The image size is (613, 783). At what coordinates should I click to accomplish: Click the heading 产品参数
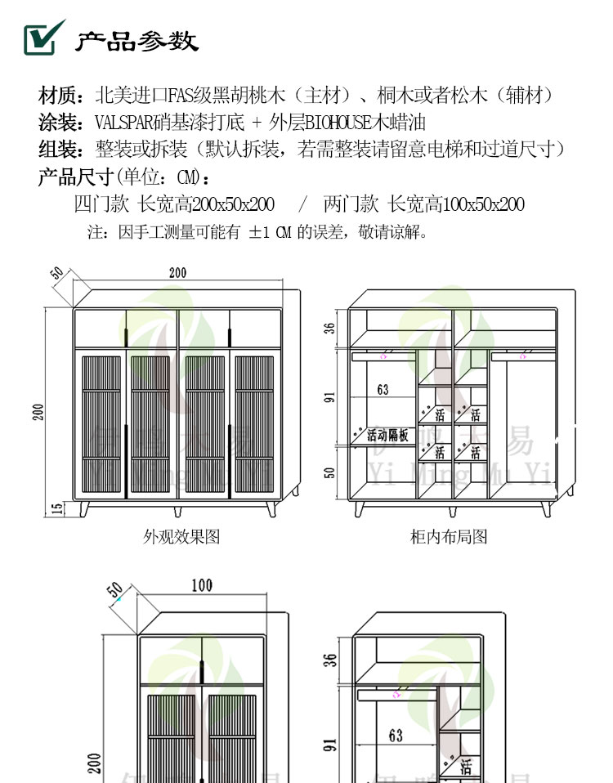(136, 41)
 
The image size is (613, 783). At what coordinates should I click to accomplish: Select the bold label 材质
(57, 95)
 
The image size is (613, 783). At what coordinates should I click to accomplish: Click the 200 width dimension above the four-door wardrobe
(177, 273)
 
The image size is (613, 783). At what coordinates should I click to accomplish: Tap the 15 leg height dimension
(56, 508)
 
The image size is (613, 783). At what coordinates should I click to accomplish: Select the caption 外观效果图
(181, 537)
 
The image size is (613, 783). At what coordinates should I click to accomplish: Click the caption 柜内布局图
(449, 537)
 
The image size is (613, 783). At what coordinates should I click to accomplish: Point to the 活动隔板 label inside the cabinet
(387, 435)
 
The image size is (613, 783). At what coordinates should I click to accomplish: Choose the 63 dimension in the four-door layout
(383, 390)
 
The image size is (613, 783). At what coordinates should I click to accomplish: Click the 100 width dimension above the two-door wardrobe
(202, 585)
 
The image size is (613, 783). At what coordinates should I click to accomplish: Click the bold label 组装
(57, 150)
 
